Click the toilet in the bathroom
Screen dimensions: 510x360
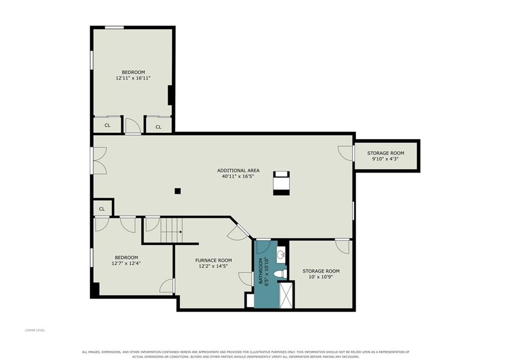[280, 273]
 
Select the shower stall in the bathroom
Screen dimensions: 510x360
[286, 295]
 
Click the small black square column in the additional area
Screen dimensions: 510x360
[178, 191]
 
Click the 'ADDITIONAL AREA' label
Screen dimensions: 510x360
[239, 170]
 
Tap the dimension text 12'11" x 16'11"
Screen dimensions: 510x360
[133, 78]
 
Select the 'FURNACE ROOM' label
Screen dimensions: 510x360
[214, 260]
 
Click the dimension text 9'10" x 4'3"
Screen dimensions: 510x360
[385, 159]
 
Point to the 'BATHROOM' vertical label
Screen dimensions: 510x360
[261, 271]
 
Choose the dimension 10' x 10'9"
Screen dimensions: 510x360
[321, 277]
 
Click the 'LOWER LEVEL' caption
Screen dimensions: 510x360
[35, 331]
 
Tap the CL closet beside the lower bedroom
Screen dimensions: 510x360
[102, 209]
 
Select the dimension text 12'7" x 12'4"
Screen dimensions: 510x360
[126, 263]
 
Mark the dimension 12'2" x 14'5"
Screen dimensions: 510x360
[214, 266]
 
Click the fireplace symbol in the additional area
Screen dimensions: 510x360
[281, 183]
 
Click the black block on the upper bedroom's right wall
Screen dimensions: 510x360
[170, 95]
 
